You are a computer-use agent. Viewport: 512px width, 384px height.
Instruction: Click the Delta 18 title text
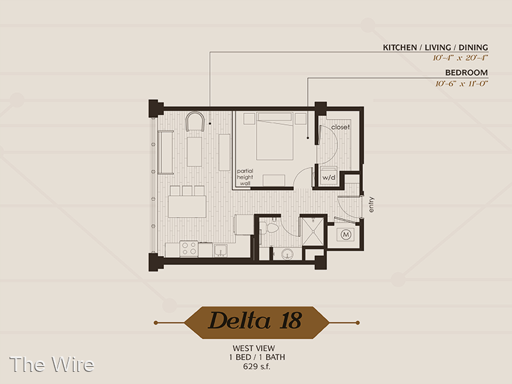pyautogui.click(x=255, y=321)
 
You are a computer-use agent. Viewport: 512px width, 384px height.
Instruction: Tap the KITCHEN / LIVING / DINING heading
pyautogui.click(x=435, y=47)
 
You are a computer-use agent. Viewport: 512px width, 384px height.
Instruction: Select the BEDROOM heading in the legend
pyautogui.click(x=467, y=72)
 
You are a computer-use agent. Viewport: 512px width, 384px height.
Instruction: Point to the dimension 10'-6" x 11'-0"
pyautogui.click(x=461, y=84)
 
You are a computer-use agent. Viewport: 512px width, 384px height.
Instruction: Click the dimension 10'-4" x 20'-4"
pyautogui.click(x=460, y=58)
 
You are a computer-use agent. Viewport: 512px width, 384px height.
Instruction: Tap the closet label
pyautogui.click(x=340, y=127)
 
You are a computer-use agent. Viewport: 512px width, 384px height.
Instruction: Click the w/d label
pyautogui.click(x=329, y=178)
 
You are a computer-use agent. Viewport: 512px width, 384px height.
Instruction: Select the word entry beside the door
pyautogui.click(x=371, y=205)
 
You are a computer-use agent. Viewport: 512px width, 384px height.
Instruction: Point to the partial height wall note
pyautogui.click(x=245, y=177)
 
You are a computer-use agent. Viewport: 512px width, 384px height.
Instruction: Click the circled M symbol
pyautogui.click(x=346, y=234)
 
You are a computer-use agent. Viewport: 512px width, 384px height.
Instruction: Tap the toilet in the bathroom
pyautogui.click(x=270, y=228)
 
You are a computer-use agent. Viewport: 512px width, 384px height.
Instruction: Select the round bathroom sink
pyautogui.click(x=287, y=253)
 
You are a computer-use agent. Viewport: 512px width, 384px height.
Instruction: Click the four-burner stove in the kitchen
pyautogui.click(x=189, y=248)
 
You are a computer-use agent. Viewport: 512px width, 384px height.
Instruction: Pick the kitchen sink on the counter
pyautogui.click(x=221, y=250)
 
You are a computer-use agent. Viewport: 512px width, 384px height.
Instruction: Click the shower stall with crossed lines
pyautogui.click(x=312, y=231)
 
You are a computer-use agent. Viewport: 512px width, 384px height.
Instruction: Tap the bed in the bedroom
pyautogui.click(x=275, y=136)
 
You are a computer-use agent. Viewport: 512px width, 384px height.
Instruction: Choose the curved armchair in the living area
pyautogui.click(x=195, y=122)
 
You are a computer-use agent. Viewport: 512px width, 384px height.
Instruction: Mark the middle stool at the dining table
pyautogui.click(x=187, y=191)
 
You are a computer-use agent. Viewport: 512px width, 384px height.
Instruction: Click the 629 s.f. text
pyautogui.click(x=257, y=367)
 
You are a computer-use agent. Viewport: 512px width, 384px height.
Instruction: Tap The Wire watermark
pyautogui.click(x=52, y=364)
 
